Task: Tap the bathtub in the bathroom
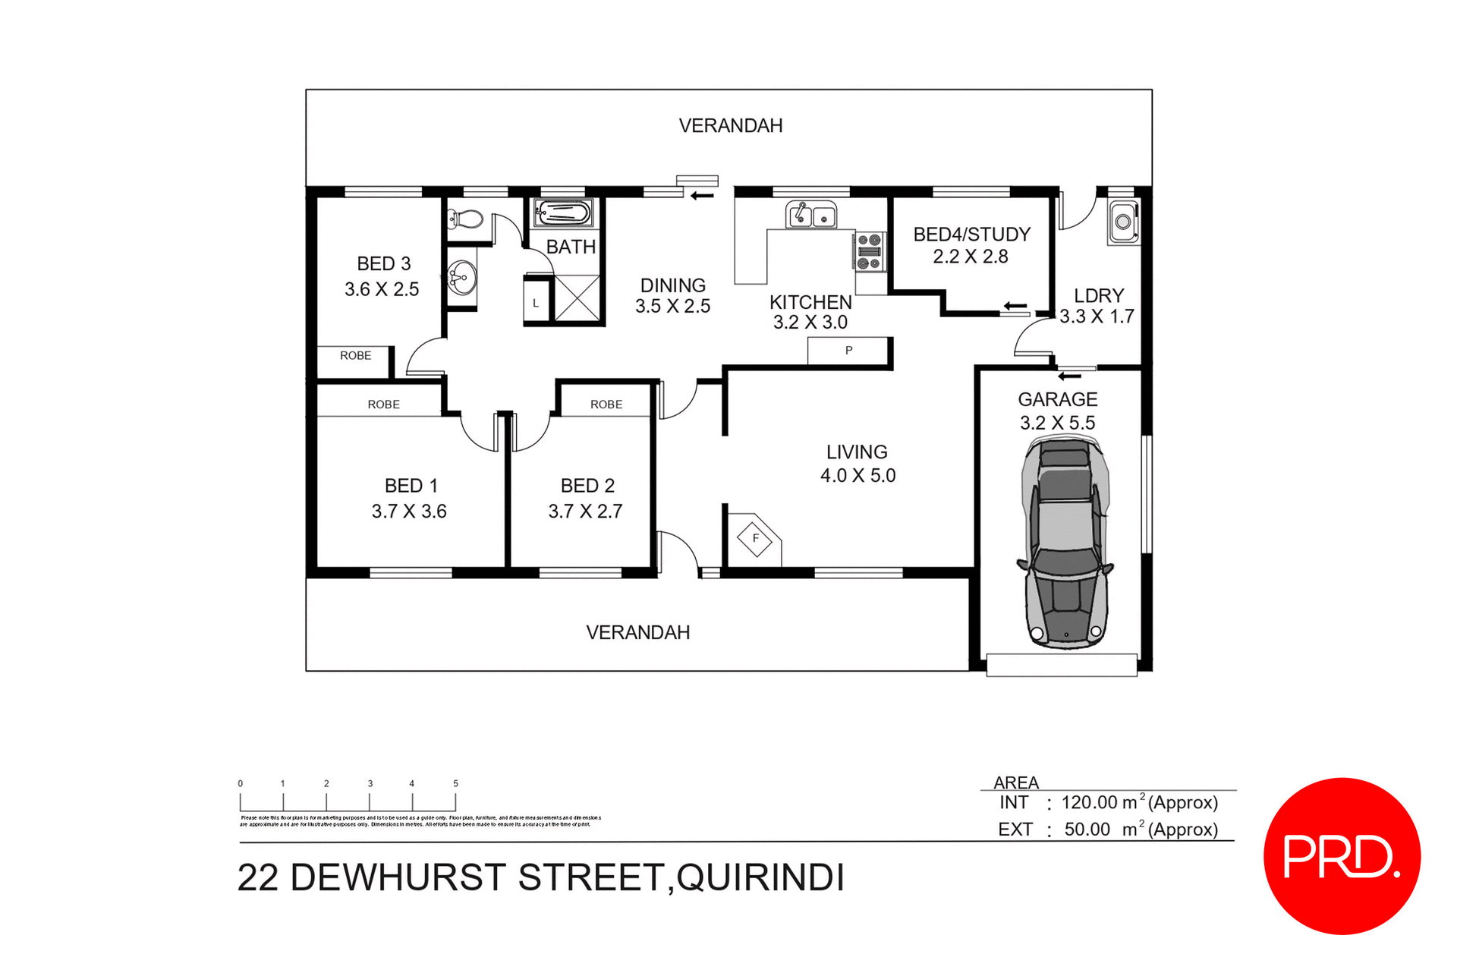tap(562, 213)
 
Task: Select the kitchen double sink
tap(810, 216)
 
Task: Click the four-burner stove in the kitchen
tap(870, 251)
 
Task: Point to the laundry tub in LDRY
tap(1123, 222)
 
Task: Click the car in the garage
tap(1066, 543)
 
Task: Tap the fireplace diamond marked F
tap(755, 539)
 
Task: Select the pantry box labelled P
tap(848, 351)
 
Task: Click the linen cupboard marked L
tap(537, 303)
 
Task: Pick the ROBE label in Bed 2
tap(606, 405)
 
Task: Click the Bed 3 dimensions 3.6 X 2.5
tap(382, 289)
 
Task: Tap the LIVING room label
tap(857, 452)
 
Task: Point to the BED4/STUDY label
tap(971, 235)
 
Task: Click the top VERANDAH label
tap(730, 126)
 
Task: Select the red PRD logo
tap(1342, 855)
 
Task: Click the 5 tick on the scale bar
tap(455, 784)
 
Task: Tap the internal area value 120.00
tap(1089, 802)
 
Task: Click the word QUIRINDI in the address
tap(760, 878)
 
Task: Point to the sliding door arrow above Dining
tap(702, 196)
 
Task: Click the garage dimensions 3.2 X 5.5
tap(1057, 423)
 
